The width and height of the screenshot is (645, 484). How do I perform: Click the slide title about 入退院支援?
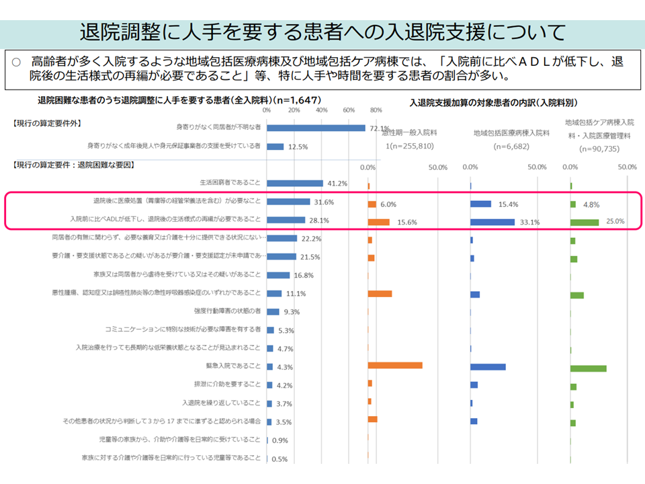(322, 32)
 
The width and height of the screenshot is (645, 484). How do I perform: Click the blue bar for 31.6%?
(288, 201)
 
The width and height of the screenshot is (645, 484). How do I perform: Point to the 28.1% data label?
(319, 220)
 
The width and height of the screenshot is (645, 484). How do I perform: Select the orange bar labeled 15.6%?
(378, 222)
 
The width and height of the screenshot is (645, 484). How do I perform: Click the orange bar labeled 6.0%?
(372, 204)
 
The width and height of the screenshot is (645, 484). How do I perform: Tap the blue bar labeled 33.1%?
(492, 222)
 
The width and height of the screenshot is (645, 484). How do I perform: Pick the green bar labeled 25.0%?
(584, 222)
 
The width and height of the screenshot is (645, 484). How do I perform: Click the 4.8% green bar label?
(591, 205)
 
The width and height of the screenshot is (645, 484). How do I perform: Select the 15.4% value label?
(507, 204)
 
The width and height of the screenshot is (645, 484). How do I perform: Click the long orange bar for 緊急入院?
(395, 365)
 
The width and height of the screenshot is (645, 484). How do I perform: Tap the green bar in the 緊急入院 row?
(588, 368)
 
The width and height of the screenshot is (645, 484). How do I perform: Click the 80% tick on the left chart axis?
(376, 110)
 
